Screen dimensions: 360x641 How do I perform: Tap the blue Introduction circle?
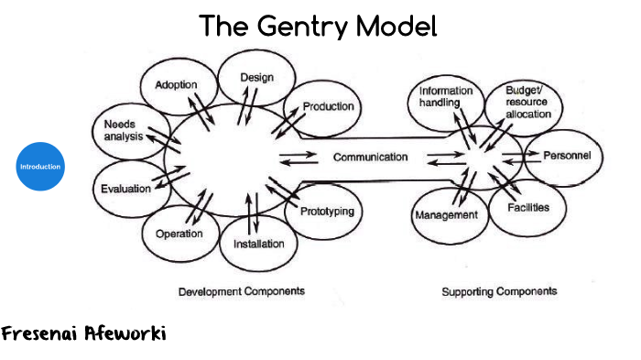point(40,167)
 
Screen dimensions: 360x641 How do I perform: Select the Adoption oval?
point(176,86)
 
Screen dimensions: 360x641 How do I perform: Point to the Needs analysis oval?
point(125,131)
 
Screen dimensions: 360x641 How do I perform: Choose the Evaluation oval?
point(125,189)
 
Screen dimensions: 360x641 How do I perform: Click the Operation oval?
point(179,233)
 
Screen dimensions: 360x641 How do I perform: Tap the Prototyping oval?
point(325,212)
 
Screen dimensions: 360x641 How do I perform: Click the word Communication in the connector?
point(370,157)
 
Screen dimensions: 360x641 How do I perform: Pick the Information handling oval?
point(446,98)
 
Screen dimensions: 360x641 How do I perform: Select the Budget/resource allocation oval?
point(528,104)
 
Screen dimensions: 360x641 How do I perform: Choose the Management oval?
point(447,214)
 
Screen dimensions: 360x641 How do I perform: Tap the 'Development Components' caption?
point(241,290)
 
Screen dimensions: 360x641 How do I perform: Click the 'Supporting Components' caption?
point(499,291)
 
